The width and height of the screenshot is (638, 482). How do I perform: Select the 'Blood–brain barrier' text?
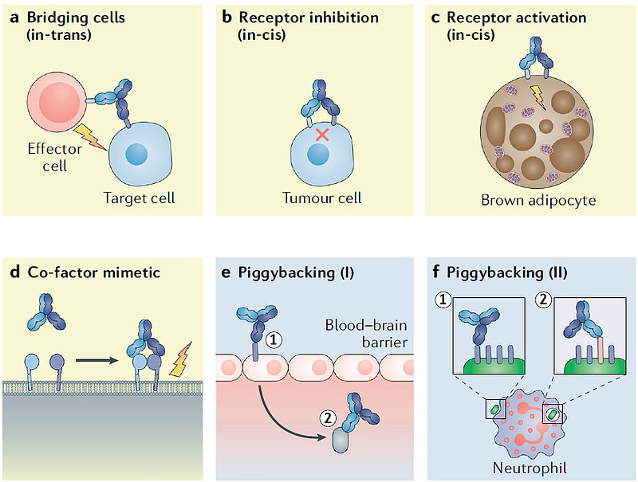pyautogui.click(x=367, y=334)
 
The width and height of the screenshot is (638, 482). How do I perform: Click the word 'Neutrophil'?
pyautogui.click(x=526, y=467)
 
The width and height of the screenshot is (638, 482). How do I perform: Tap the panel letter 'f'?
pyautogui.click(x=436, y=272)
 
